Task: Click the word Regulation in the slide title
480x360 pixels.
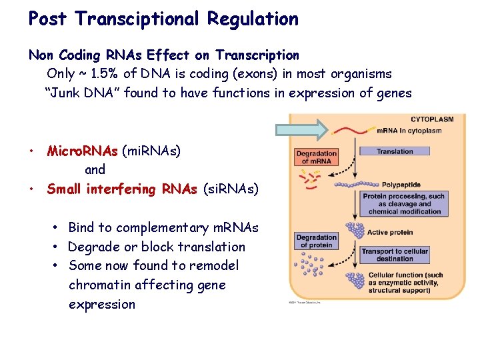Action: point(253,19)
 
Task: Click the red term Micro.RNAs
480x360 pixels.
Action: point(82,151)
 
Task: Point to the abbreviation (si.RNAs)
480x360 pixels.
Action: point(230,189)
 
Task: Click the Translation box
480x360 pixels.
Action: point(395,151)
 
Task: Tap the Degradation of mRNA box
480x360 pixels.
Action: point(316,157)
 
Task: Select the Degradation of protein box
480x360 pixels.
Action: point(316,241)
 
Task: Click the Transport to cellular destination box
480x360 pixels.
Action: point(395,255)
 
